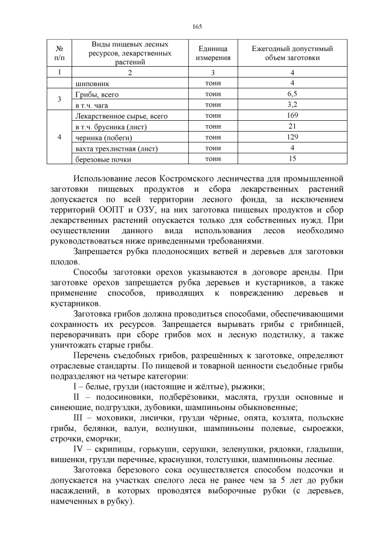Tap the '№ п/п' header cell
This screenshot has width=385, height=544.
(59, 53)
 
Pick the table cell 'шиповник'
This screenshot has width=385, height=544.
(92, 83)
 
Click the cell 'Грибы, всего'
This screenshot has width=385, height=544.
(97, 94)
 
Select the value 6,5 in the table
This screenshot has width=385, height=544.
(292, 94)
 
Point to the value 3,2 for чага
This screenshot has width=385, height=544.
(292, 104)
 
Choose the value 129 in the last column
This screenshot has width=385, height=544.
(292, 137)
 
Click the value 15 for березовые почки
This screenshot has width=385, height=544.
(292, 159)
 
